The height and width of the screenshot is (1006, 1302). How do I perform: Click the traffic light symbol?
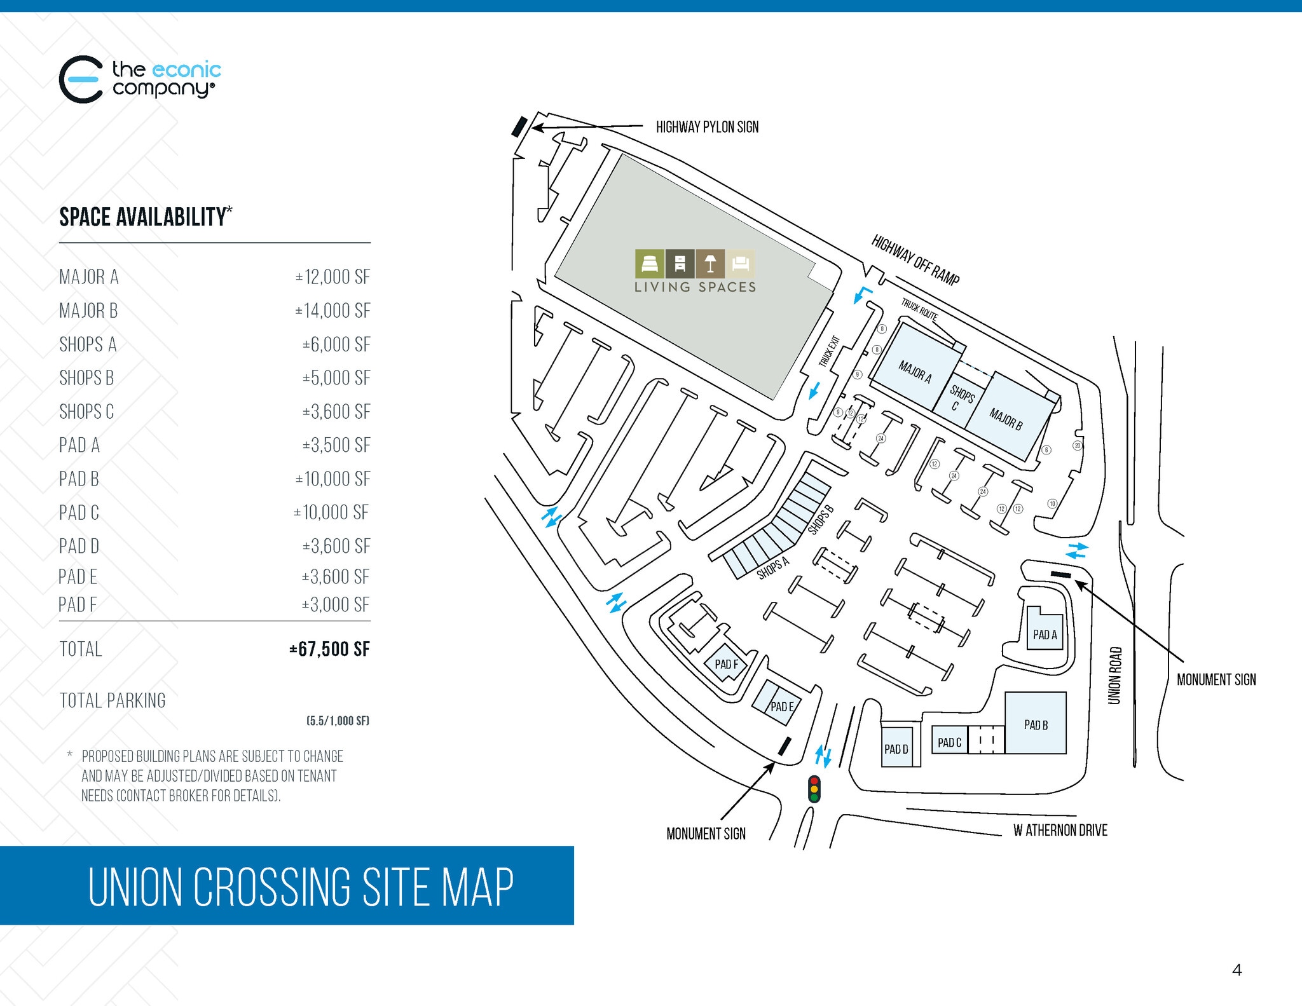[814, 789]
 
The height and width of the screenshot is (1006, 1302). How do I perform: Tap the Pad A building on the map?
[1045, 633]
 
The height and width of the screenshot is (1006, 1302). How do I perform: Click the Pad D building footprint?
[896, 748]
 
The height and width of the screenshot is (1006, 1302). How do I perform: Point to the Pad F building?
[726, 664]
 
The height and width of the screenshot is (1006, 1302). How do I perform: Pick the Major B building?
[1006, 418]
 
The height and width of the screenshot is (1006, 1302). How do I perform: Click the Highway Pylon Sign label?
[707, 127]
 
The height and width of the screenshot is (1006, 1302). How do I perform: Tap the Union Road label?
[1114, 675]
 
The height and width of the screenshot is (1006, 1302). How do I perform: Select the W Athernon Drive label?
[1060, 830]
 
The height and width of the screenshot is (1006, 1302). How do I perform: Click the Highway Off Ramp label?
[915, 259]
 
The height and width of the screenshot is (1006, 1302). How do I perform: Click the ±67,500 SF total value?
[329, 649]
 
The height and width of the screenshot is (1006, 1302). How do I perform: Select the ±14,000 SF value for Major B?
[332, 311]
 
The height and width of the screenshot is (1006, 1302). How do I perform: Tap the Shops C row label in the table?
[86, 412]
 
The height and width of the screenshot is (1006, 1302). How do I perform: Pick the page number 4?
[1237, 970]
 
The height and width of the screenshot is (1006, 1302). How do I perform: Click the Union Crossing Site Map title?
[301, 886]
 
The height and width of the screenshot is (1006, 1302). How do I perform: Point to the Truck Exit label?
[829, 351]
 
